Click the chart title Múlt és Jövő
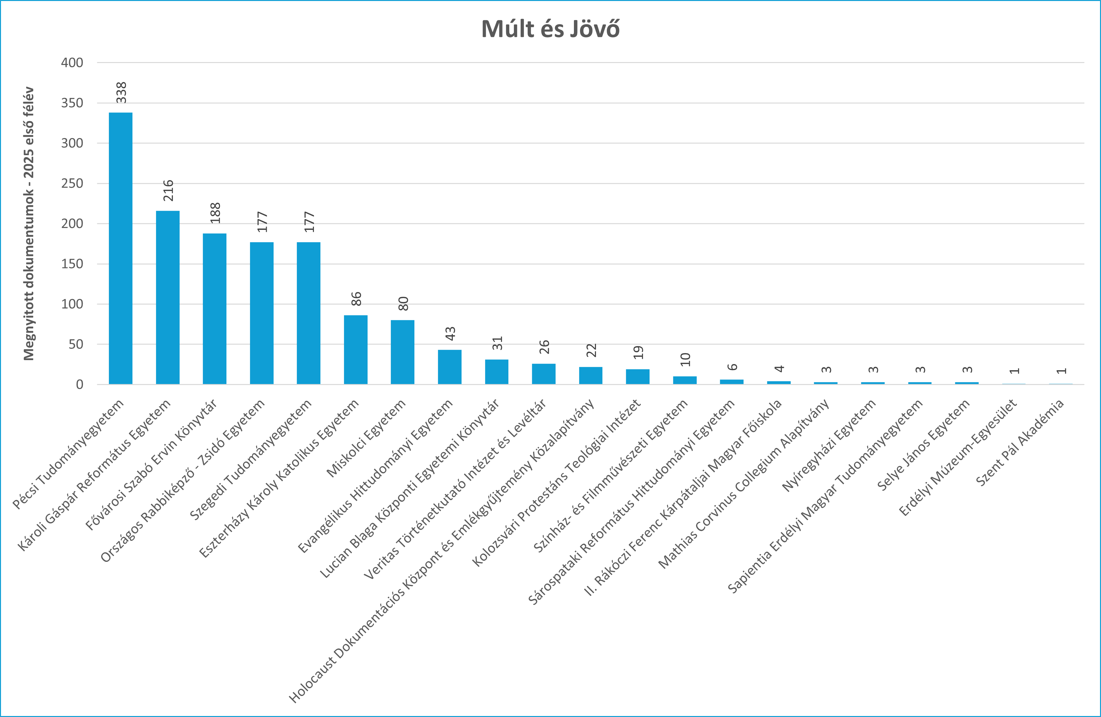550,29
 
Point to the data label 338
121,92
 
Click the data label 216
168,190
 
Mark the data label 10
685,359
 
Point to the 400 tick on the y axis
72,62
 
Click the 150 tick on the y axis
72,264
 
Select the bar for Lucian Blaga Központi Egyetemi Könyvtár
496,372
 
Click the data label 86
356,299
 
